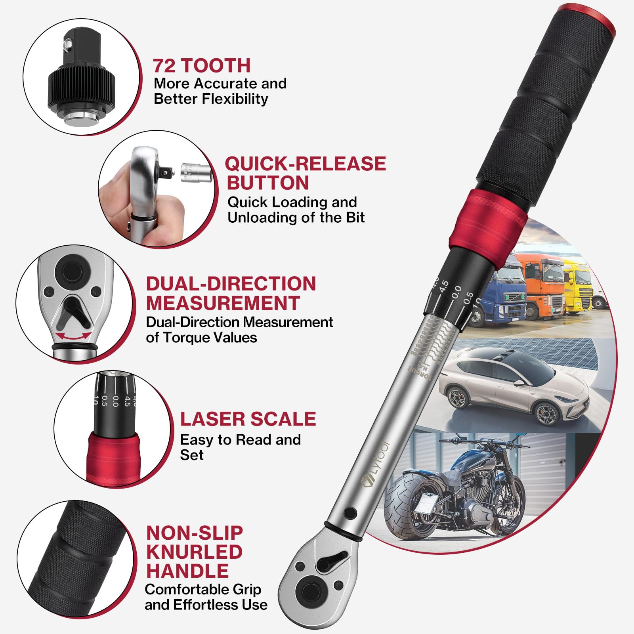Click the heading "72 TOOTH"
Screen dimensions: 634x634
(x=202, y=65)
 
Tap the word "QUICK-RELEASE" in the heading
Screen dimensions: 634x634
(x=305, y=164)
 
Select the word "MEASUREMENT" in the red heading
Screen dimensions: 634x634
(x=223, y=303)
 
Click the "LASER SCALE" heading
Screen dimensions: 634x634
(x=248, y=419)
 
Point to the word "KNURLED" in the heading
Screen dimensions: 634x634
(x=194, y=552)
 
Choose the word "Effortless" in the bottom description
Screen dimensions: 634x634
(x=206, y=605)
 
